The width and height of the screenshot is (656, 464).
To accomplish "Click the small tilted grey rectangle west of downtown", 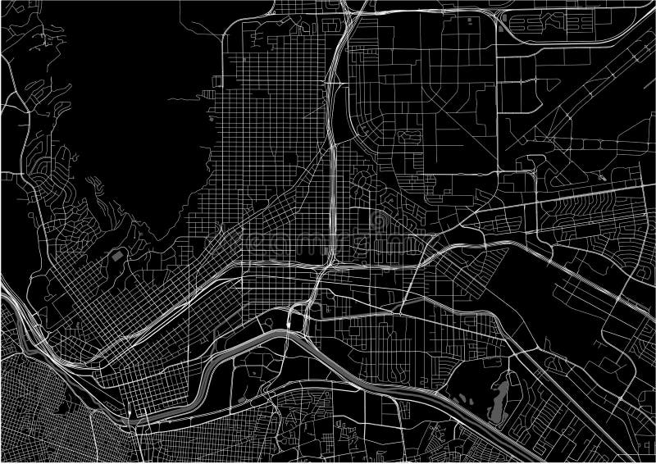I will click(117, 257).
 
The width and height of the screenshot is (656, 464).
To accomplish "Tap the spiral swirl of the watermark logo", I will click(377, 220).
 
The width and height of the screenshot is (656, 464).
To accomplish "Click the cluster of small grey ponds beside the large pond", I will click(465, 401).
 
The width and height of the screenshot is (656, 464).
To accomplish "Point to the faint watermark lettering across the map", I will click(328, 242).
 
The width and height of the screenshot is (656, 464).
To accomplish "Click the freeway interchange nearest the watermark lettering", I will click(328, 266).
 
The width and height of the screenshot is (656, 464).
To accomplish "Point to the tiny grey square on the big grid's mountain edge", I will click(212, 118).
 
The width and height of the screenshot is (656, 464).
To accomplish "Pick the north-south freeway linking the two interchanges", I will click(330, 164).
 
